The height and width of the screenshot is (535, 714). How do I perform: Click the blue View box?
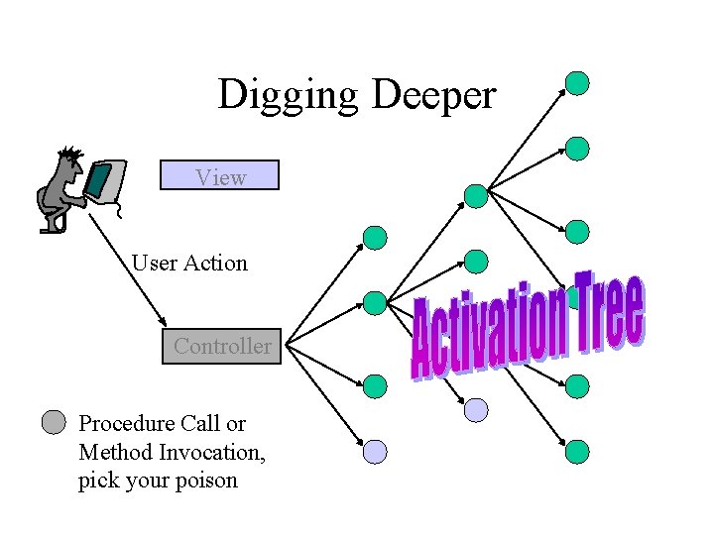219,175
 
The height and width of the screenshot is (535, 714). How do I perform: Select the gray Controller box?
222,347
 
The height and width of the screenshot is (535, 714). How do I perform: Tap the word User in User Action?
154,263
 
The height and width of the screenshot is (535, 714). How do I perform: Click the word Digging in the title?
289,95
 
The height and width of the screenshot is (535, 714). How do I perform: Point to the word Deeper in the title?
433,95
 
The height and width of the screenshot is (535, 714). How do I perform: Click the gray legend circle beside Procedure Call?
55,424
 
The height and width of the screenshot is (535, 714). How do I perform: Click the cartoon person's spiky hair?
70,156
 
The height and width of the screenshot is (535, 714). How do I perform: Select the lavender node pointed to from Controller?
375,452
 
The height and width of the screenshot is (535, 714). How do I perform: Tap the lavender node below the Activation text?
477,409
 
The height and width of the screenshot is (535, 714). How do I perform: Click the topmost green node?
577,83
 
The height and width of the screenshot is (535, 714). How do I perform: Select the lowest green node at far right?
578,452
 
